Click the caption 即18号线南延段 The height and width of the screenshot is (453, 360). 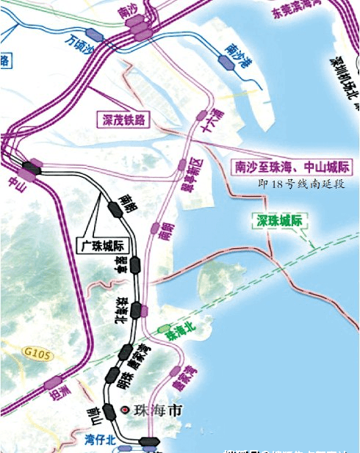click(301, 184)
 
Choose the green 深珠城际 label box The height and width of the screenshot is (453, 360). click(281, 220)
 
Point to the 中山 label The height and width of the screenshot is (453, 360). click(14, 181)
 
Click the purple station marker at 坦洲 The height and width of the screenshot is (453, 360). click(52, 382)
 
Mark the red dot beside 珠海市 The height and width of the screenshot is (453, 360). click(126, 409)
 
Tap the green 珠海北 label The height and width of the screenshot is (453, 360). click(181, 332)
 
